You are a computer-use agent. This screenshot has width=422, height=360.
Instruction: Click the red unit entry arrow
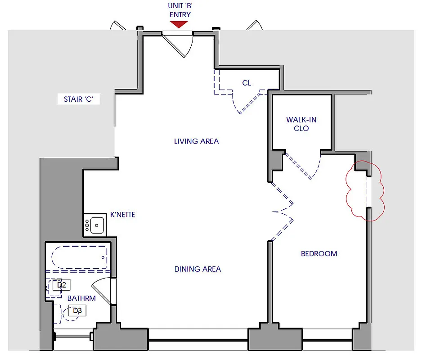(179, 24)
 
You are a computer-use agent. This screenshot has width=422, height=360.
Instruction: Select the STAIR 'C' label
(79, 99)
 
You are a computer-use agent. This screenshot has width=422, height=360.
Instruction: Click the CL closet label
(247, 83)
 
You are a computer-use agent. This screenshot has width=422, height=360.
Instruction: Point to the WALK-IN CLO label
(301, 124)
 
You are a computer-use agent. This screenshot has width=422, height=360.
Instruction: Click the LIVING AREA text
(196, 141)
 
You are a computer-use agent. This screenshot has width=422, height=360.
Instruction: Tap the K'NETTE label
(122, 215)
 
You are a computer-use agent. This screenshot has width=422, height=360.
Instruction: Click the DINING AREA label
(198, 269)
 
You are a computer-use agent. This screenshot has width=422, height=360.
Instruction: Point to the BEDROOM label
(319, 254)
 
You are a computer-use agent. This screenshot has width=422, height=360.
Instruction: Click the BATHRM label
(81, 298)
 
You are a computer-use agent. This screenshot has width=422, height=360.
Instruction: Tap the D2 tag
(62, 284)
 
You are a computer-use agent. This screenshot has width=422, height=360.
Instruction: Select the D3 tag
(77, 310)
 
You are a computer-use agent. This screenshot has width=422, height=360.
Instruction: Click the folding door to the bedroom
(283, 211)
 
